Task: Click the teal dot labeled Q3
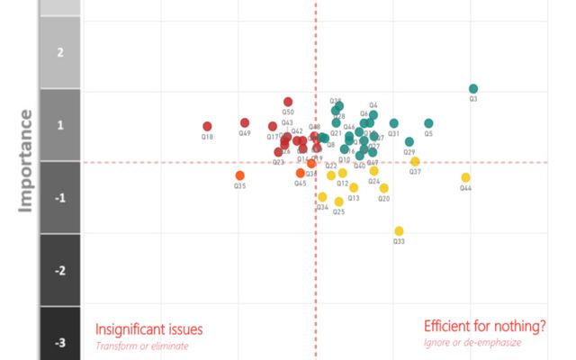click(473, 88)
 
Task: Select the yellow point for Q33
click(400, 230)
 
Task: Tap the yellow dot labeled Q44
click(466, 177)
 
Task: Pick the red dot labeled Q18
click(207, 127)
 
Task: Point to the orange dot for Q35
click(239, 175)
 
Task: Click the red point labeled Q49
click(245, 122)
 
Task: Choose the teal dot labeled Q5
click(428, 123)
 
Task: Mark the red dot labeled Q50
click(288, 102)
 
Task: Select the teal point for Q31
click(394, 123)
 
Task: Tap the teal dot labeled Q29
click(409, 141)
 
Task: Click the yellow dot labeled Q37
click(415, 162)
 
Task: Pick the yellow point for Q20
click(384, 188)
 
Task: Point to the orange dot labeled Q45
click(301, 173)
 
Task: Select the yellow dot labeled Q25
click(338, 202)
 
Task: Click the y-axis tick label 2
click(60, 52)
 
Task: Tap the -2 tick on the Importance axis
click(60, 270)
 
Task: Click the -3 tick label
click(60, 342)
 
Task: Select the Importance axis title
click(26, 160)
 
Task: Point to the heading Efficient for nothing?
click(484, 326)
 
